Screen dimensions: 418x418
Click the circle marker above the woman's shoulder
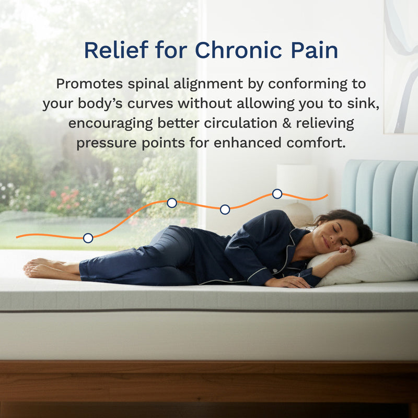pos(277,194)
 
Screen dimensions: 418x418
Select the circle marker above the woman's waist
pos(225,210)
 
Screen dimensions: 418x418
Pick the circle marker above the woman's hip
pos(171,203)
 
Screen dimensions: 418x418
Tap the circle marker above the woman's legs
pos(88,238)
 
